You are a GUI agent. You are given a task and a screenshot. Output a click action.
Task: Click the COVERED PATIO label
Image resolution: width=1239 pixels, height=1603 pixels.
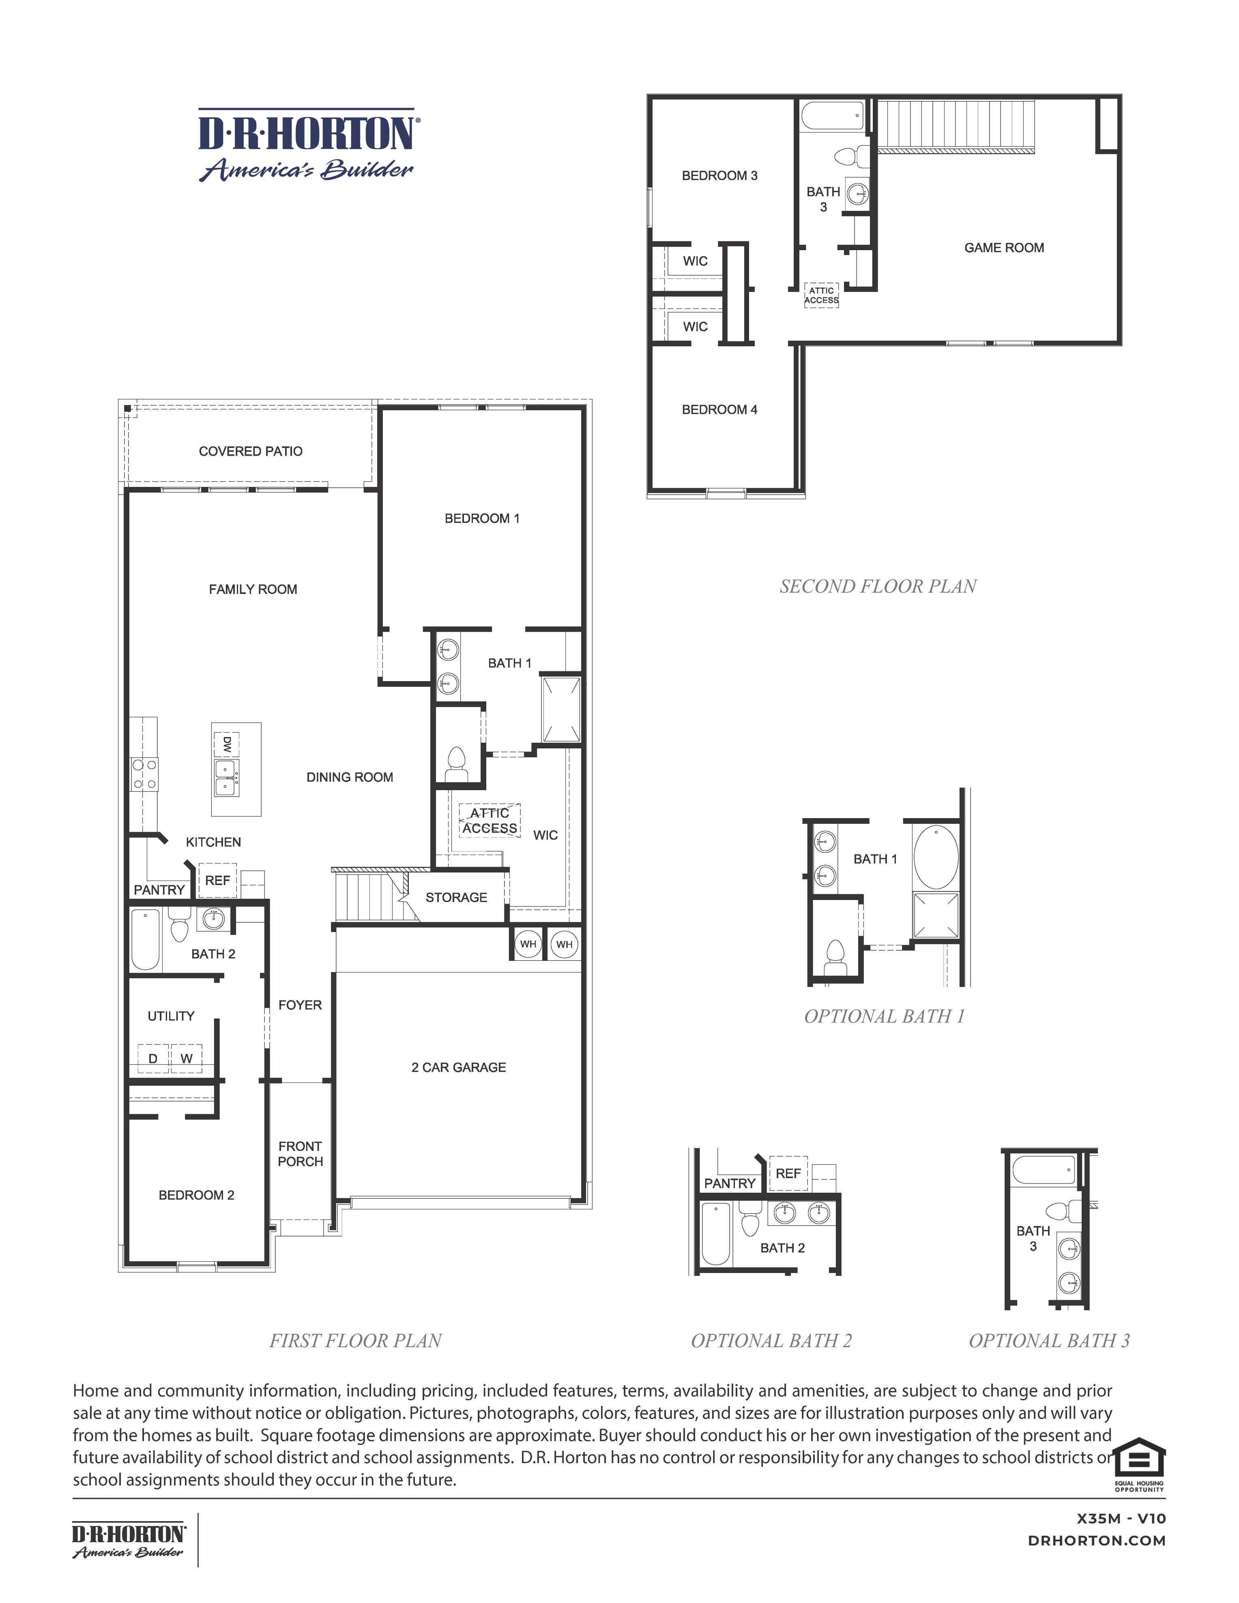[251, 451]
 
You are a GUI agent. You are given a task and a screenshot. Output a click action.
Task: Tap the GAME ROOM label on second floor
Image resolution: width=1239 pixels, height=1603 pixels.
[1003, 248]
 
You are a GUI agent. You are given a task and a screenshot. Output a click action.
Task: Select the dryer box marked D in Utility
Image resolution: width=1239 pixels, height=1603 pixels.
[153, 1059]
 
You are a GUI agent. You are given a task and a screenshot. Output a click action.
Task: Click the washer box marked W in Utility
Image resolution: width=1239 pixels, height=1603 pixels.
[187, 1059]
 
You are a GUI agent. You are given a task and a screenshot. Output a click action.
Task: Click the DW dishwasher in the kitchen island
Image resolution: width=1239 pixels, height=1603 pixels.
[226, 744]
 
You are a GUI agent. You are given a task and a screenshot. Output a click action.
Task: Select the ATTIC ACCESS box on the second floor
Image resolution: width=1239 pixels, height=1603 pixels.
[821, 295]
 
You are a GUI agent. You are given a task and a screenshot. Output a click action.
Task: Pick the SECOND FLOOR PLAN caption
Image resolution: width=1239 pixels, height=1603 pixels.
[878, 587]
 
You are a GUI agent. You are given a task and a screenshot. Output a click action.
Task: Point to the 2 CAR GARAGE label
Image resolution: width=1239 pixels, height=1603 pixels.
[458, 1067]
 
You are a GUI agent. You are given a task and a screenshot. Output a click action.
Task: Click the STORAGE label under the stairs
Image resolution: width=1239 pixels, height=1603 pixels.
[456, 897]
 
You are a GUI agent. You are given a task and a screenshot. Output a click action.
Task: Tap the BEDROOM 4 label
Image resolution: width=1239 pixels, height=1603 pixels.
[719, 409]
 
